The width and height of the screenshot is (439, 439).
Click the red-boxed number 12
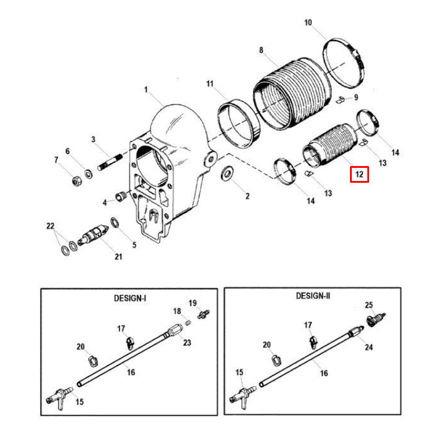[360, 174]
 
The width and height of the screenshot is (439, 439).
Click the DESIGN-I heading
[130, 297]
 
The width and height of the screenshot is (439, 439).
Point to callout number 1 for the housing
[145, 90]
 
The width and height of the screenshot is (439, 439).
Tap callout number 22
[50, 226]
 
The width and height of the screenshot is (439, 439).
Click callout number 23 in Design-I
[187, 342]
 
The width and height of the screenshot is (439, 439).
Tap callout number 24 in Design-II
[369, 347]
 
